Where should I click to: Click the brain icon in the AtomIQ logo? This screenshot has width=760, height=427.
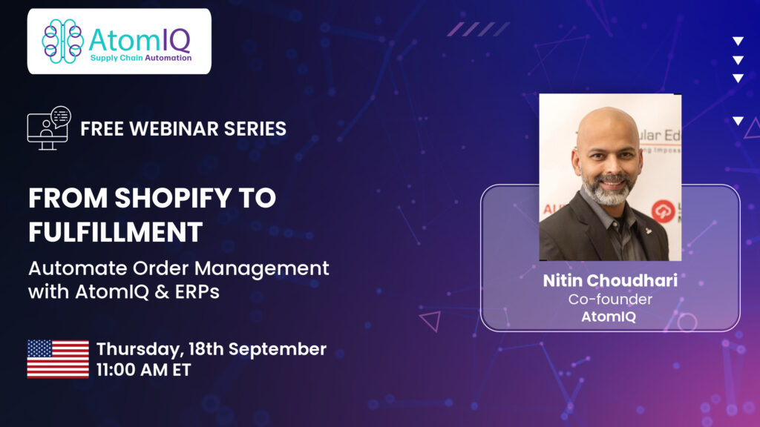click(62, 42)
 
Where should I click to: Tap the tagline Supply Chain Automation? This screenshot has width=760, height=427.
click(141, 58)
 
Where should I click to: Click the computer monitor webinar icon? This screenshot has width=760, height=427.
click(49, 128)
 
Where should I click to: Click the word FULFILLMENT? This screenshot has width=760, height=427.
click(115, 232)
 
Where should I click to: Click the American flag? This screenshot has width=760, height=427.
click(58, 359)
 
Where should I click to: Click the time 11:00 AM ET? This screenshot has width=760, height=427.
click(143, 370)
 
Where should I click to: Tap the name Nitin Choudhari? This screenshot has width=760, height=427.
click(610, 280)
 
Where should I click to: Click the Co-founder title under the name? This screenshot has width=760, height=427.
click(610, 299)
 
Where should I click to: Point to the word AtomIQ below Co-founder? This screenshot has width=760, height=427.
click(609, 317)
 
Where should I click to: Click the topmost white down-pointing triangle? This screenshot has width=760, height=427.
click(738, 42)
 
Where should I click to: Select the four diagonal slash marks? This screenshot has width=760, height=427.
click(479, 29)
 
